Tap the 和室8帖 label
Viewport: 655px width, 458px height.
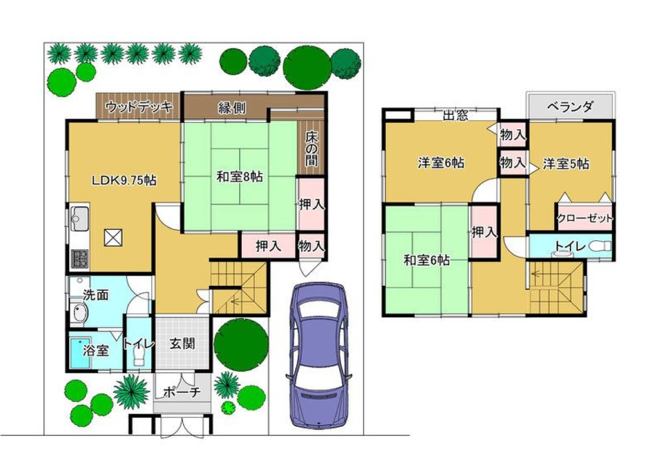[x=240, y=177]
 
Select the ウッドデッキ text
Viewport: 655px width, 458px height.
[x=139, y=107]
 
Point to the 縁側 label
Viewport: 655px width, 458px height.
[x=232, y=108]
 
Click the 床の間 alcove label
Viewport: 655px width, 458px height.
[x=311, y=149]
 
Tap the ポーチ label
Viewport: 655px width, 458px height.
[x=182, y=392]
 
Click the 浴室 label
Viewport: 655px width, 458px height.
[x=96, y=351]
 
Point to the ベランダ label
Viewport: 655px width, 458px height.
[x=570, y=107]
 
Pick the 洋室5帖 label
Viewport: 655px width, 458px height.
[x=566, y=164]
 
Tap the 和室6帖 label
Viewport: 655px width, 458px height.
[x=427, y=261]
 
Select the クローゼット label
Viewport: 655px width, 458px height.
[x=585, y=219]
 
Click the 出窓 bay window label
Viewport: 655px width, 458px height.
[x=455, y=115]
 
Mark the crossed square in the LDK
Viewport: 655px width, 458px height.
[x=113, y=237]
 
